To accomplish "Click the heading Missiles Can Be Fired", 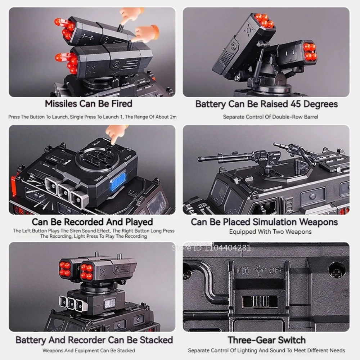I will click(89, 104).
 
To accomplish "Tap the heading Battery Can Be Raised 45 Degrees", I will click(266, 104).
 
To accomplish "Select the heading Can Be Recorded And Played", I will click(92, 222).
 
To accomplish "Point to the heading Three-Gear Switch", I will click(266, 340).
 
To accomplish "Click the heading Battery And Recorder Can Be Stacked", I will click(94, 340).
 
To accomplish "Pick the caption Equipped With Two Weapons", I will click(270, 232).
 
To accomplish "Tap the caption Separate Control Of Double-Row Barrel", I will click(270, 117).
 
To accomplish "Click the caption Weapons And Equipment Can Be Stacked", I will click(89, 350).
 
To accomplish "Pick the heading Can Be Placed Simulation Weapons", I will click(264, 222).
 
